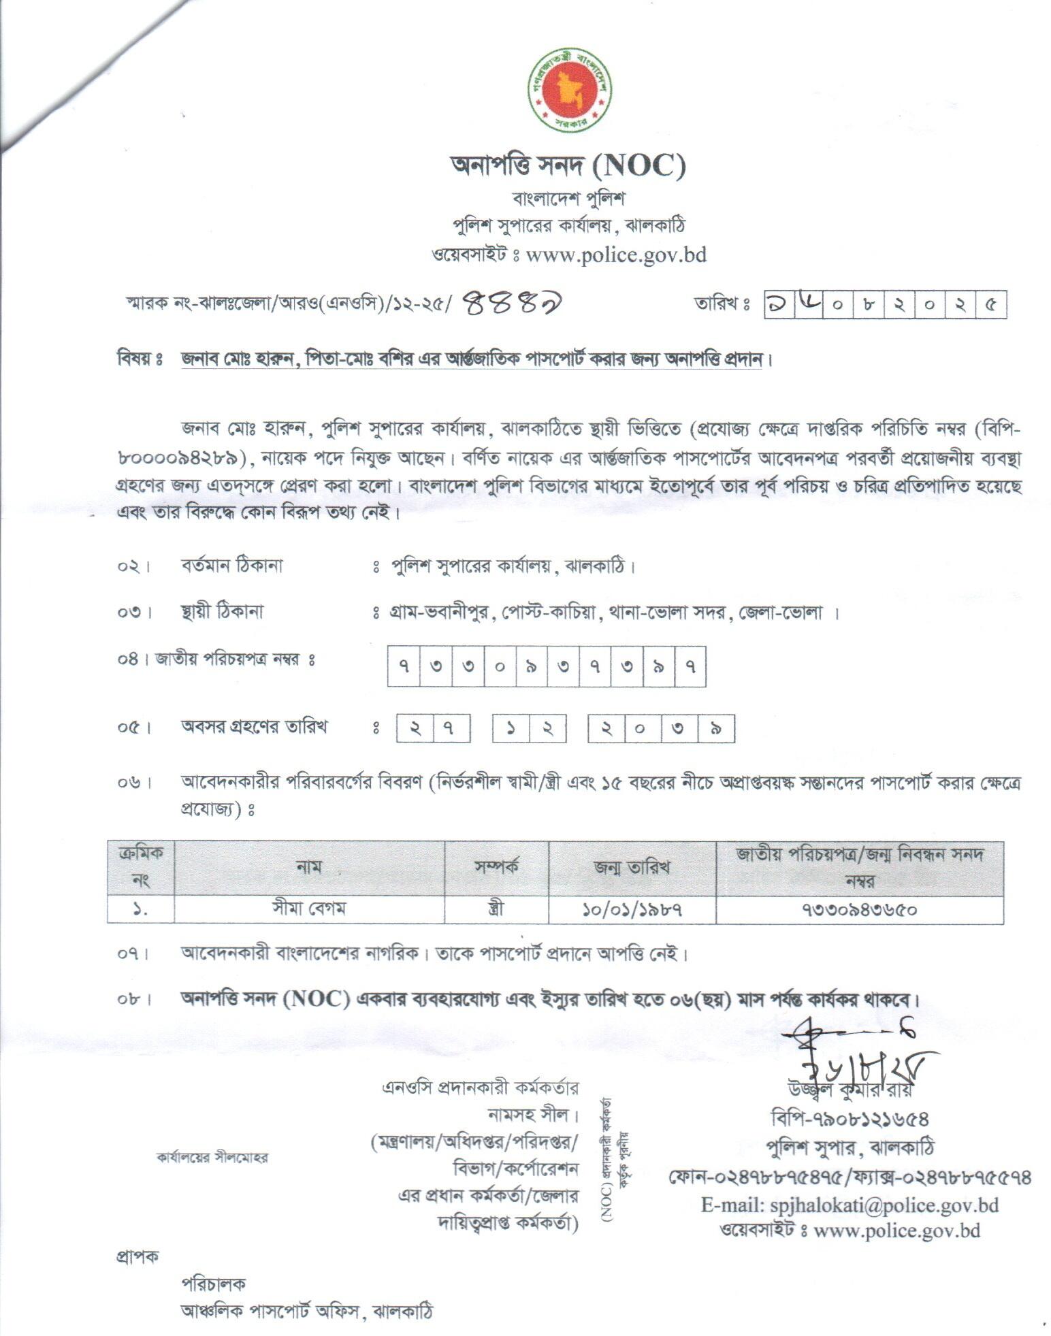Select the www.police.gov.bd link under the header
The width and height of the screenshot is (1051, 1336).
coord(616,255)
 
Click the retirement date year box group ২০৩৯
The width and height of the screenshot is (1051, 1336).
coord(661,730)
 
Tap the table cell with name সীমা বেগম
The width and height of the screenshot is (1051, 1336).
coord(309,909)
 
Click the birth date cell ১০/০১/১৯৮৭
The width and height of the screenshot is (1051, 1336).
coord(632,909)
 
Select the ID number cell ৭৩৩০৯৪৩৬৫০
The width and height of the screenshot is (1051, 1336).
coord(859,909)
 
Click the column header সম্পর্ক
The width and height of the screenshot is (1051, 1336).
coord(496,867)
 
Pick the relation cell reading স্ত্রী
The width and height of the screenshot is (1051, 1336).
coord(496,909)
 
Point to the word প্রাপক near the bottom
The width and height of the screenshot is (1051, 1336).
coord(136,1256)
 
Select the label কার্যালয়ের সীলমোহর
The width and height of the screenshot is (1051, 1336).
coord(212,1157)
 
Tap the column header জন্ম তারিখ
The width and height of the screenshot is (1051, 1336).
coord(632,867)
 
